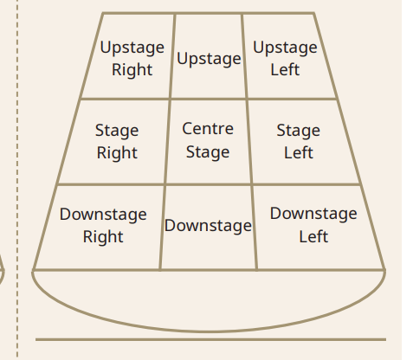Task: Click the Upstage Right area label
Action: [x=132, y=59]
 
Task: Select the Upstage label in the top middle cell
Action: [x=209, y=59]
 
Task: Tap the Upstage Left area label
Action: [x=285, y=59]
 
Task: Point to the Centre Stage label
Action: [x=208, y=140]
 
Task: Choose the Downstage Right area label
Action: [x=103, y=225]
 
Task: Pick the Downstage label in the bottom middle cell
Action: [x=208, y=225]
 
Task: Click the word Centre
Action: [x=208, y=129]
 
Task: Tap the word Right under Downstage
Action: [x=103, y=237]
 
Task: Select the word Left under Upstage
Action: [x=285, y=69]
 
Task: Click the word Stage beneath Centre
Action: [x=208, y=152]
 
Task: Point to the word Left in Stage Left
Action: [x=299, y=152]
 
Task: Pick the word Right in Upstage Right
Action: [x=132, y=70]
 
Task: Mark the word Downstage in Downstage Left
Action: [x=313, y=214]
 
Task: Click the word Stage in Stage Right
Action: [x=117, y=131]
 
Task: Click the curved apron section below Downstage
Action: [x=209, y=331]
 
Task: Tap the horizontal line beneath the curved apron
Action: [x=210, y=339]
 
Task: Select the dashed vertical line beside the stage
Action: [x=17, y=180]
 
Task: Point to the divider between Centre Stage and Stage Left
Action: [x=249, y=141]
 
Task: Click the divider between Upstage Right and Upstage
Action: [x=172, y=56]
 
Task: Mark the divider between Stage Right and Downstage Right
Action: [x=111, y=184]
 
